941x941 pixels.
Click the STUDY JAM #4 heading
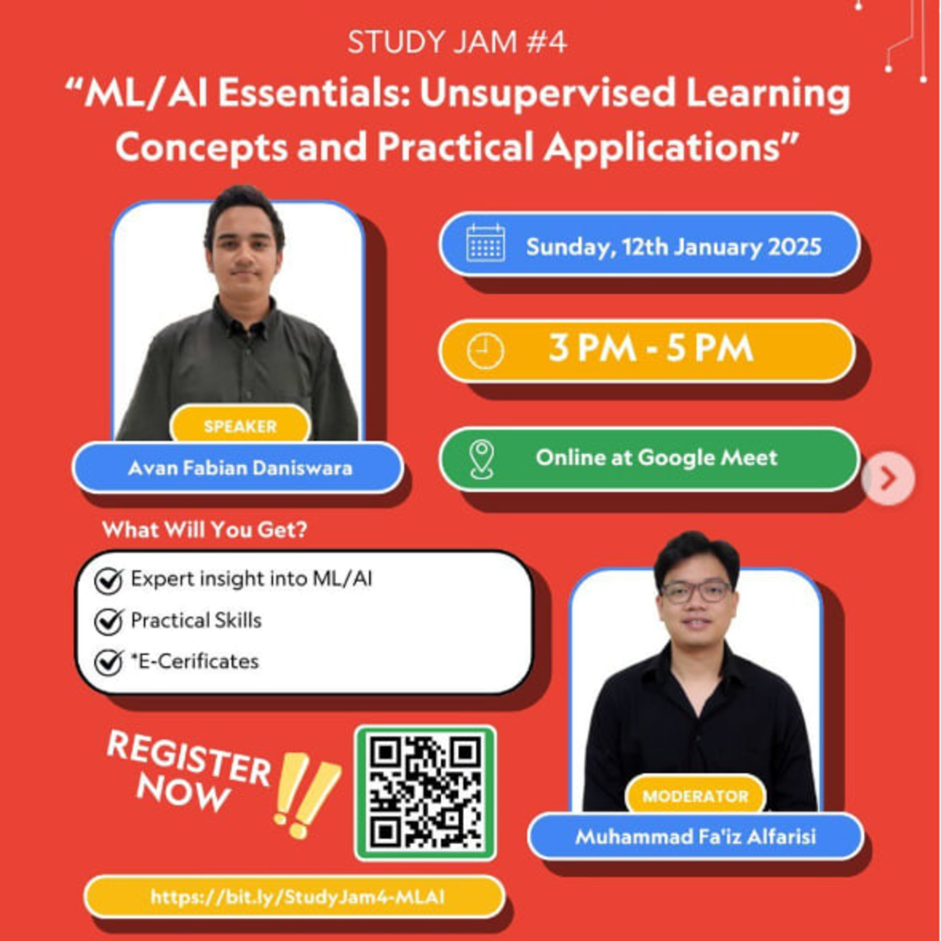(457, 43)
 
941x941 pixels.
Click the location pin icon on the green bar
(482, 459)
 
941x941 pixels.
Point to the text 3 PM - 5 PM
(651, 348)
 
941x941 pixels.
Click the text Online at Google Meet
(656, 457)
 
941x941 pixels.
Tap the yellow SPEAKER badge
(240, 426)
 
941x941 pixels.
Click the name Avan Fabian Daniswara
(240, 468)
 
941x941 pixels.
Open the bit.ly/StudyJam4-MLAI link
(297, 897)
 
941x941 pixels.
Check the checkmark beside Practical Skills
(108, 621)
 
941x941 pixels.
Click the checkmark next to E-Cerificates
(108, 662)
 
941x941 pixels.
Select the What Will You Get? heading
(205, 529)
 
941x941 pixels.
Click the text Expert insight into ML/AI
(251, 579)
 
